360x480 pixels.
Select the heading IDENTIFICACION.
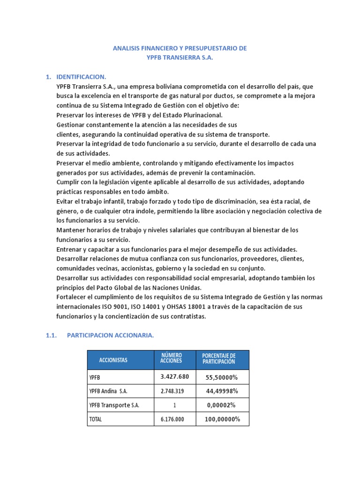[81, 76]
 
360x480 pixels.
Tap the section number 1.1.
[51, 335]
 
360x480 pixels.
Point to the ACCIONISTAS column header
[113, 360]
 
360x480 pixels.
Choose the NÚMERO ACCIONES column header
[171, 358]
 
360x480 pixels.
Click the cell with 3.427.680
[174, 377]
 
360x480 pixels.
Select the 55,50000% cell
[222, 377]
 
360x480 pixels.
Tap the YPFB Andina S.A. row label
[108, 391]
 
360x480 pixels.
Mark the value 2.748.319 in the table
[174, 391]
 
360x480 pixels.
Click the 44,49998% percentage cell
[222, 391]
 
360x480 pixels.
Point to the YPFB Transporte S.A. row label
[114, 405]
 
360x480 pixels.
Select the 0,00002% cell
[222, 405]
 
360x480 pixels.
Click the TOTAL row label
[95, 419]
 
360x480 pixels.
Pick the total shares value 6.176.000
[174, 419]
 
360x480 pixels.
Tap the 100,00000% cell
[222, 419]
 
